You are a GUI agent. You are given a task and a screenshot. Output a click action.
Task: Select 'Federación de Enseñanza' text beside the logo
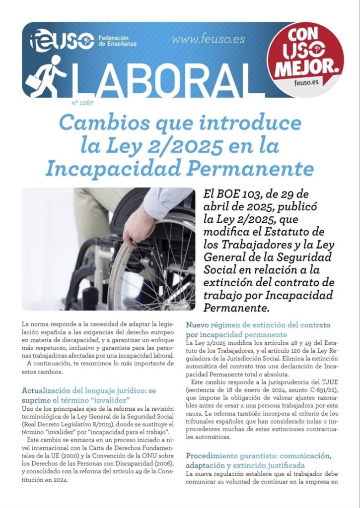click(117, 41)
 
